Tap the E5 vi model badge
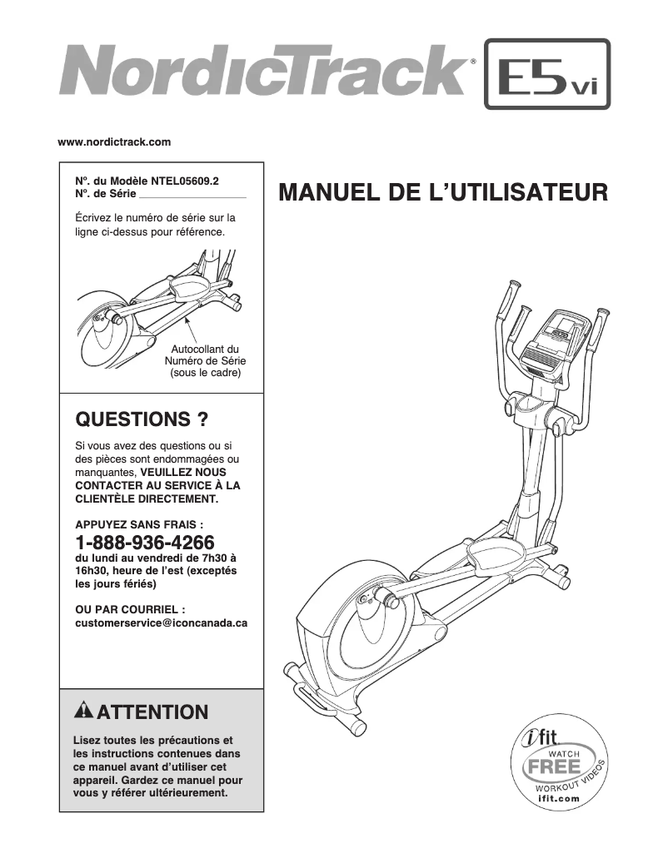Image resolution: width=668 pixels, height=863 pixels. point(546,74)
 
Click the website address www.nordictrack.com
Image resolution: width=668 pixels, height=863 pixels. point(114,142)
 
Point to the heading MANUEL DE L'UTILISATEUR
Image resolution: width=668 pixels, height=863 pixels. point(442,193)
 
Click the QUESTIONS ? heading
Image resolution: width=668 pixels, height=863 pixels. point(142,419)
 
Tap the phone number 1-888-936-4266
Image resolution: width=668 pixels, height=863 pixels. point(145,542)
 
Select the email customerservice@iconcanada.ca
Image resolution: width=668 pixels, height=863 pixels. point(161,622)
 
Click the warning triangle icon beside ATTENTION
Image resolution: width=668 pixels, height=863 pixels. point(84,712)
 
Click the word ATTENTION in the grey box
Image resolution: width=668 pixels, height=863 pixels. point(152,712)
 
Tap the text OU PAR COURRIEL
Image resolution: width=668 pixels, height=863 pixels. point(130,609)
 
